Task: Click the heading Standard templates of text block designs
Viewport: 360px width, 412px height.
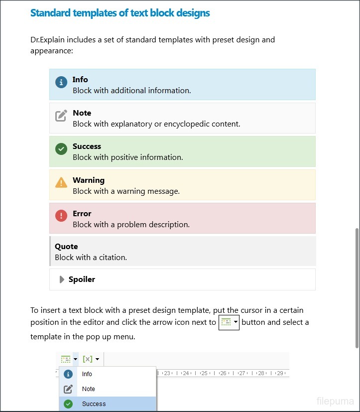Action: [120, 13]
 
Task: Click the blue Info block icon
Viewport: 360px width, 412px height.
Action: [61, 83]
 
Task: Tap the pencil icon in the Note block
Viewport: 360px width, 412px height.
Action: [61, 116]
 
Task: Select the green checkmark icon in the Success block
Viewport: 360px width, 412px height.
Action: [61, 149]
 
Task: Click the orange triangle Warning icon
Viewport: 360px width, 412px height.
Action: [61, 182]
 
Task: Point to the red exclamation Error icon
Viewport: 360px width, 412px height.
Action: [61, 216]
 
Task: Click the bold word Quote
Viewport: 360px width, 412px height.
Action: [66, 246]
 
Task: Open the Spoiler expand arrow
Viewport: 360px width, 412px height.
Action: [62, 279]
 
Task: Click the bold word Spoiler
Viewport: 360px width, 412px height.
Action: [82, 279]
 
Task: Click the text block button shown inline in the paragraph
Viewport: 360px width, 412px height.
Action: [229, 322]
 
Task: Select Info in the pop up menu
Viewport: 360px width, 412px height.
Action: [87, 374]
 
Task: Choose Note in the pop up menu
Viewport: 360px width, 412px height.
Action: [88, 389]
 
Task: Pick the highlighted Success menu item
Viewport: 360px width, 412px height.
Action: [94, 404]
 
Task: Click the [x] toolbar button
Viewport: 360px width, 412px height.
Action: [88, 359]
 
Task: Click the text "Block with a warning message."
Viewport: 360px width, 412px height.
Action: [126, 191]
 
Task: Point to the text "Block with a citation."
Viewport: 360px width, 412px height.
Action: [91, 258]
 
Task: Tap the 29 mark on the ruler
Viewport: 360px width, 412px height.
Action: [280, 373]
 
